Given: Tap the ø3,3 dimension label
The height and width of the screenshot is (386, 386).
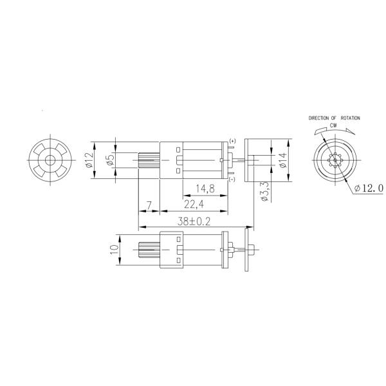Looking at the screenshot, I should [x=264, y=191].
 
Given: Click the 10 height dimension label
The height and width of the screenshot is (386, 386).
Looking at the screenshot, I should [x=115, y=249].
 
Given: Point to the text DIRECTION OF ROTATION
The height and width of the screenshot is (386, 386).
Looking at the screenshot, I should [x=334, y=119].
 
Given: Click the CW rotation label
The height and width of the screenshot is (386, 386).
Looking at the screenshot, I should [x=334, y=127].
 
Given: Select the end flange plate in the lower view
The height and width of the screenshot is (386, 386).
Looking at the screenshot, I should [x=226, y=249].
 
